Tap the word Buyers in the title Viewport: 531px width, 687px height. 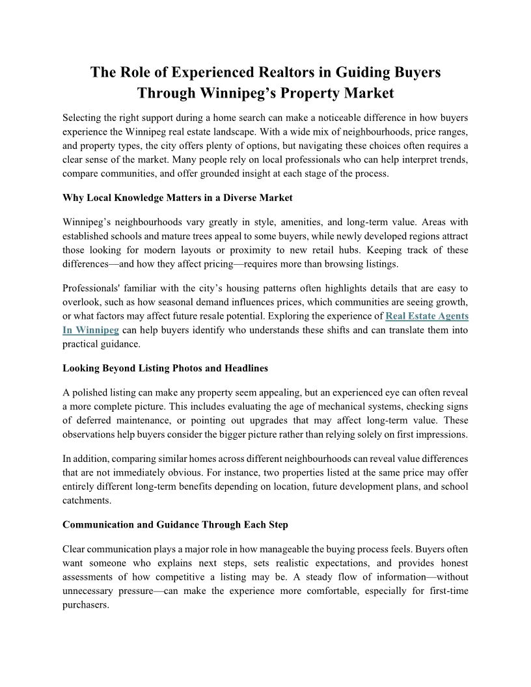point(410,72)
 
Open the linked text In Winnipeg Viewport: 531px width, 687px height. point(90,330)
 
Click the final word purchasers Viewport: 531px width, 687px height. point(85,604)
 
